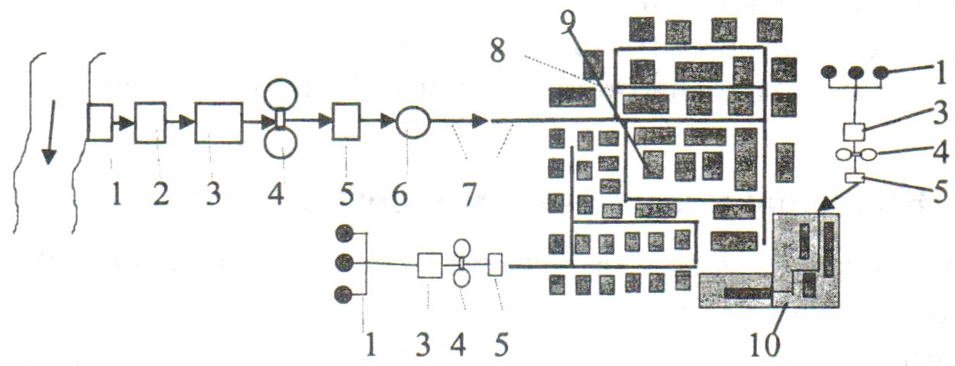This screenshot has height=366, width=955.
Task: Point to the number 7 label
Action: (465, 196)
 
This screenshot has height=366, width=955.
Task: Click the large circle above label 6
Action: (413, 121)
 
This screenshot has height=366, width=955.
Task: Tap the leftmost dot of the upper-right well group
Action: (829, 73)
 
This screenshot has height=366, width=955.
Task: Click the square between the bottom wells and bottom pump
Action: (430, 266)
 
